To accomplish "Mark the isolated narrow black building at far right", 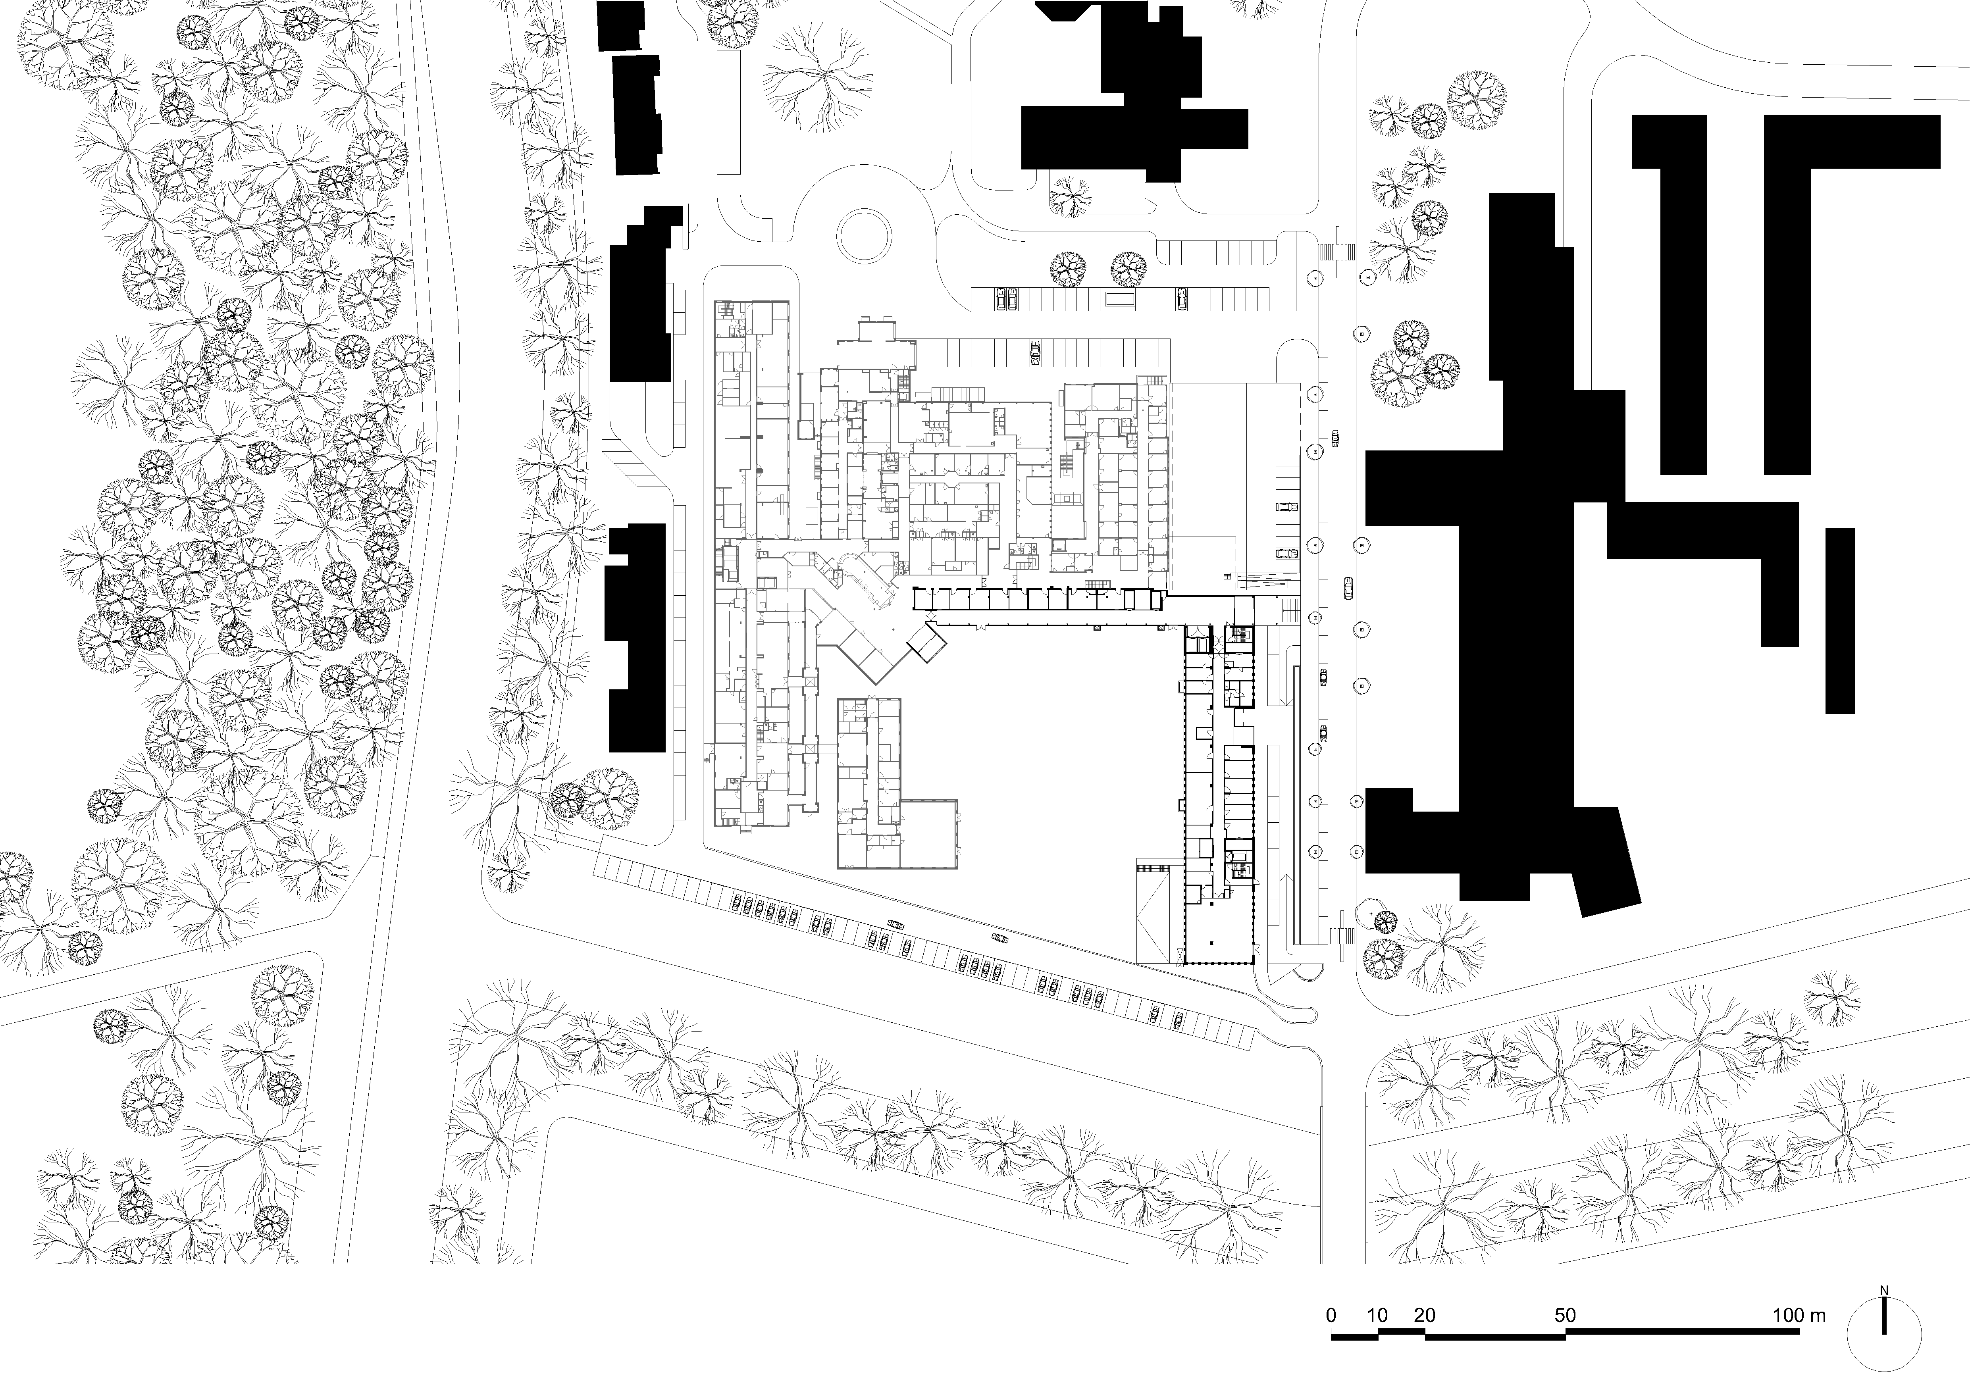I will click(x=1839, y=620).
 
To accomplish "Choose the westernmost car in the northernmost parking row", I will click(x=999, y=298).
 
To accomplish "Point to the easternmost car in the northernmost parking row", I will click(x=1182, y=298).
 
